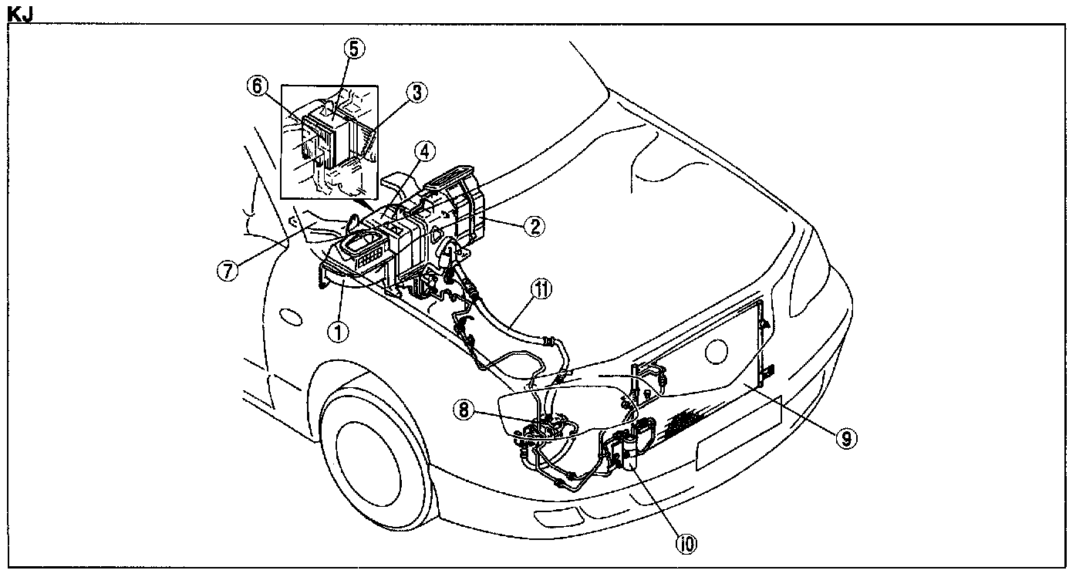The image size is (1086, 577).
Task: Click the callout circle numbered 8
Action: coord(463,410)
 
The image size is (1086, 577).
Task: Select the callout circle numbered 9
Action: coord(846,438)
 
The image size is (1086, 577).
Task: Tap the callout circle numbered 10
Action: coord(686,544)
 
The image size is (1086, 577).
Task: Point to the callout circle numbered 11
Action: coord(541,289)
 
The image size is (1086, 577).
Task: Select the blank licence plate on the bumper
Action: coord(738,432)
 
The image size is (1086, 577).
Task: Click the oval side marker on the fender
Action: coord(291,316)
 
